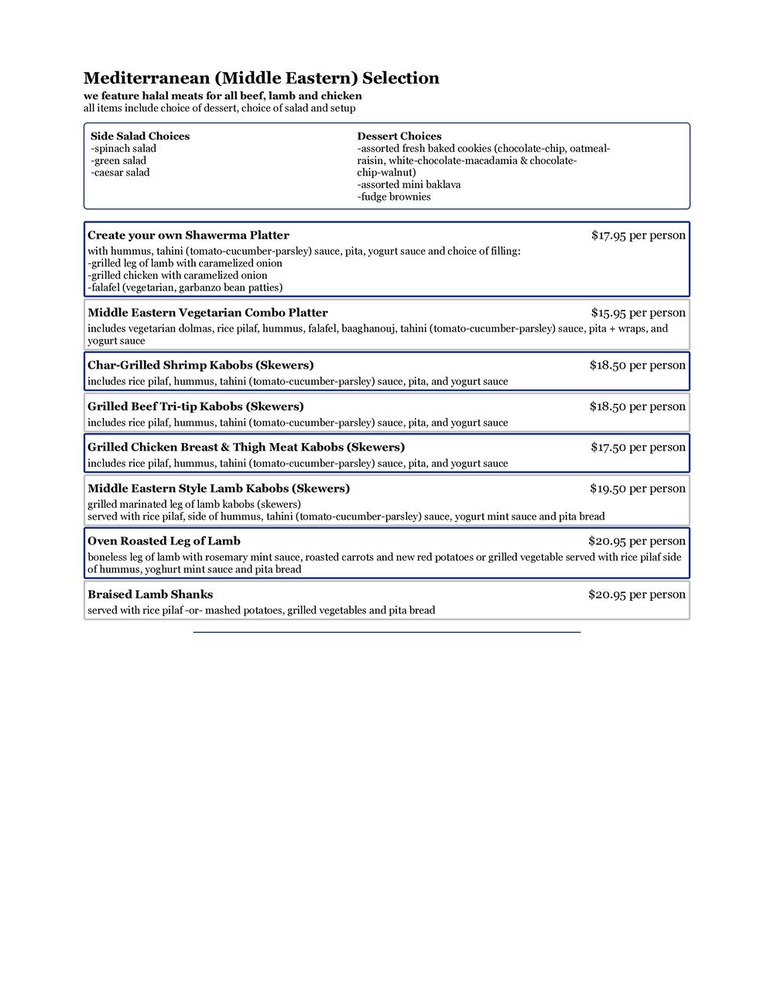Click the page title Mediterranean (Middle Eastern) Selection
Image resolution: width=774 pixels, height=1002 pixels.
pyautogui.click(x=261, y=78)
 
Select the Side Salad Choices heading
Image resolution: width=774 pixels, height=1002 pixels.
pyautogui.click(x=140, y=136)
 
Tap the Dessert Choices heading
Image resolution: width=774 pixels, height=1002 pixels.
pyautogui.click(x=399, y=136)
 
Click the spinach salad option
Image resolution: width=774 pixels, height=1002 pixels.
pyautogui.click(x=124, y=149)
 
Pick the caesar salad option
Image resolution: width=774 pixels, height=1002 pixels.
pyautogui.click(x=121, y=173)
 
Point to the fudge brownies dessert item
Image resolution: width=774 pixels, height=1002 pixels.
pyautogui.click(x=394, y=197)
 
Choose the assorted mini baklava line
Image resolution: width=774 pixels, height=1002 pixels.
pyautogui.click(x=409, y=185)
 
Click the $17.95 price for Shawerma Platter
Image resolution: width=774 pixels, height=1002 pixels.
pyautogui.click(x=638, y=235)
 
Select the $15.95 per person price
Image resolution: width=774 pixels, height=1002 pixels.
pyautogui.click(x=638, y=313)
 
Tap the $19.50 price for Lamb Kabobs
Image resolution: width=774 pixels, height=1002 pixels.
pyautogui.click(x=637, y=489)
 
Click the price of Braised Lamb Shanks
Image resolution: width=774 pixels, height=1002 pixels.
pyautogui.click(x=636, y=595)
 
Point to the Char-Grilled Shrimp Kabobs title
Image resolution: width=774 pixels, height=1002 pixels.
pyautogui.click(x=200, y=365)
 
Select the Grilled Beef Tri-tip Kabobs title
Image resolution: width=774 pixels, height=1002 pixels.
pyautogui.click(x=196, y=407)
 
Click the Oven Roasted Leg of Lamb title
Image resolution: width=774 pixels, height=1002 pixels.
pyautogui.click(x=164, y=541)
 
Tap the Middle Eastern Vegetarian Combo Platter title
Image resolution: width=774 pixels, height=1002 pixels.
pyautogui.click(x=207, y=313)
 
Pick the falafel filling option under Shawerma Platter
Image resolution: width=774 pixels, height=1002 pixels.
pyautogui.click(x=185, y=287)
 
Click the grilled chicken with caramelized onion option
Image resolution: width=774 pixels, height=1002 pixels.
pyautogui.click(x=177, y=275)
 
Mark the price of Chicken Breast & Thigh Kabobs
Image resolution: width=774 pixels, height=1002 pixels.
pyautogui.click(x=638, y=448)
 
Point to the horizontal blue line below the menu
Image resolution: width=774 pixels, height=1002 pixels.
pyautogui.click(x=386, y=633)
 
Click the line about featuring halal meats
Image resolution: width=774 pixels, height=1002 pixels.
pyautogui.click(x=223, y=96)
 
